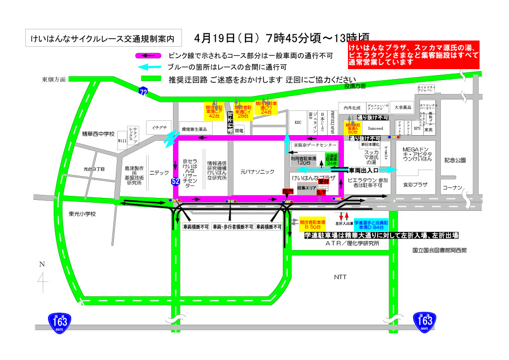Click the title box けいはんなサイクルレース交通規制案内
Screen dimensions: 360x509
(x=103, y=38)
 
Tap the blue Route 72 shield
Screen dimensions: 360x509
(x=143, y=91)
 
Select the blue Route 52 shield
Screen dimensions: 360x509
(x=175, y=181)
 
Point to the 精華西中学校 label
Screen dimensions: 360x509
(x=98, y=134)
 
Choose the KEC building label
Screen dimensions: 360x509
(x=298, y=122)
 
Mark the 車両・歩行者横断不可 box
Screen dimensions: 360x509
(x=232, y=227)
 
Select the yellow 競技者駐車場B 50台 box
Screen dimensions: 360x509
(x=311, y=222)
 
